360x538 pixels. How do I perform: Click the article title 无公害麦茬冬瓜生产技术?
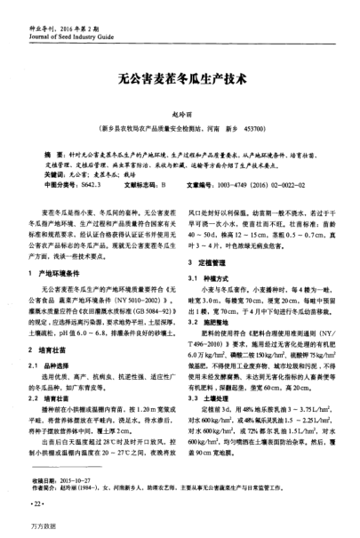pos(180,77)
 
